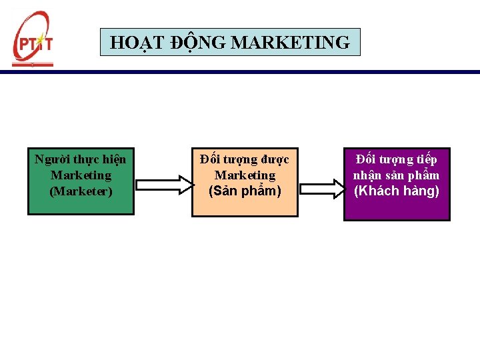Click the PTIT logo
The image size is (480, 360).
[33, 39]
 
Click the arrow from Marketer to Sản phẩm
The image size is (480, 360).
[163, 184]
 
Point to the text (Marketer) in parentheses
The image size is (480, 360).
[81, 191]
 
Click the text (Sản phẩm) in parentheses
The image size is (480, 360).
[245, 191]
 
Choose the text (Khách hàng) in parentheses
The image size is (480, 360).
[397, 191]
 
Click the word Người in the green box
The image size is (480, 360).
[50, 159]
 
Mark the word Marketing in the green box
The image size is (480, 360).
[81, 175]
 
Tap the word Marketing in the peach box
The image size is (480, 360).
[245, 175]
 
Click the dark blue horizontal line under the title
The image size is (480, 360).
[267, 72]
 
